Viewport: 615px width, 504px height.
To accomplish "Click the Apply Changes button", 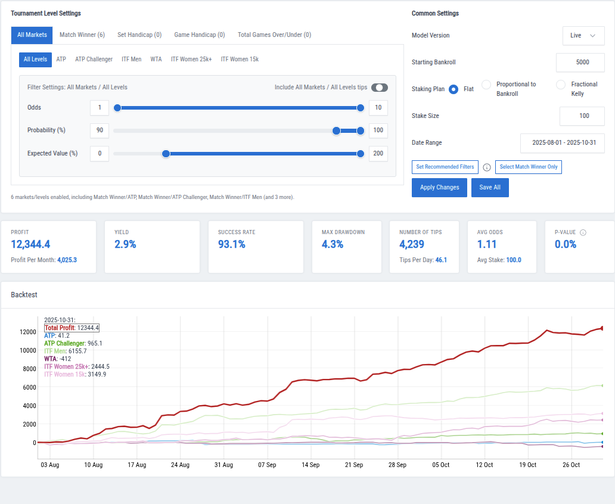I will pyautogui.click(x=439, y=187).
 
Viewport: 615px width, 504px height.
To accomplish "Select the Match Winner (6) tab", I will pyautogui.click(x=82, y=35).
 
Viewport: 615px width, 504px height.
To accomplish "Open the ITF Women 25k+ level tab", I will pyautogui.click(x=191, y=60).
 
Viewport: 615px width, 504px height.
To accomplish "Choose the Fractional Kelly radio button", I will pyautogui.click(x=561, y=85).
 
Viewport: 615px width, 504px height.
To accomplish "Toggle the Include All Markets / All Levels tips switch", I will pyautogui.click(x=379, y=88).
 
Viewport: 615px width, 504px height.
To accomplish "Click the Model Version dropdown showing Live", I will pyautogui.click(x=583, y=36).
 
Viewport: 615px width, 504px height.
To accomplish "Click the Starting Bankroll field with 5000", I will pyautogui.click(x=580, y=63).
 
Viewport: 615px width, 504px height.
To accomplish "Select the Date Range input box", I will pyautogui.click(x=562, y=143).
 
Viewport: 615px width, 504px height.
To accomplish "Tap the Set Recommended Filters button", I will pyautogui.click(x=445, y=167).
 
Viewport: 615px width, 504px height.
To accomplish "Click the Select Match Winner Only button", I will pyautogui.click(x=528, y=167).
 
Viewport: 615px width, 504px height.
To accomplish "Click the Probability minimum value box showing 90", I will pyautogui.click(x=100, y=130).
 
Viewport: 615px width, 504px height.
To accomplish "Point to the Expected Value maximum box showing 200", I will pyautogui.click(x=378, y=154).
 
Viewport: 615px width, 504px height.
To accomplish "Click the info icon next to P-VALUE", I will pyautogui.click(x=583, y=232).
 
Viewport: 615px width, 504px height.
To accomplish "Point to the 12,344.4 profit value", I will pyautogui.click(x=30, y=244).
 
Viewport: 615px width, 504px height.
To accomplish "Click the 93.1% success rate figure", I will pyautogui.click(x=232, y=244).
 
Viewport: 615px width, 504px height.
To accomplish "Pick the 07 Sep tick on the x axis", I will pyautogui.click(x=267, y=465).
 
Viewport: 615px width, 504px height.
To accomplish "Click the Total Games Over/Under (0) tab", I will pyautogui.click(x=274, y=35).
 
